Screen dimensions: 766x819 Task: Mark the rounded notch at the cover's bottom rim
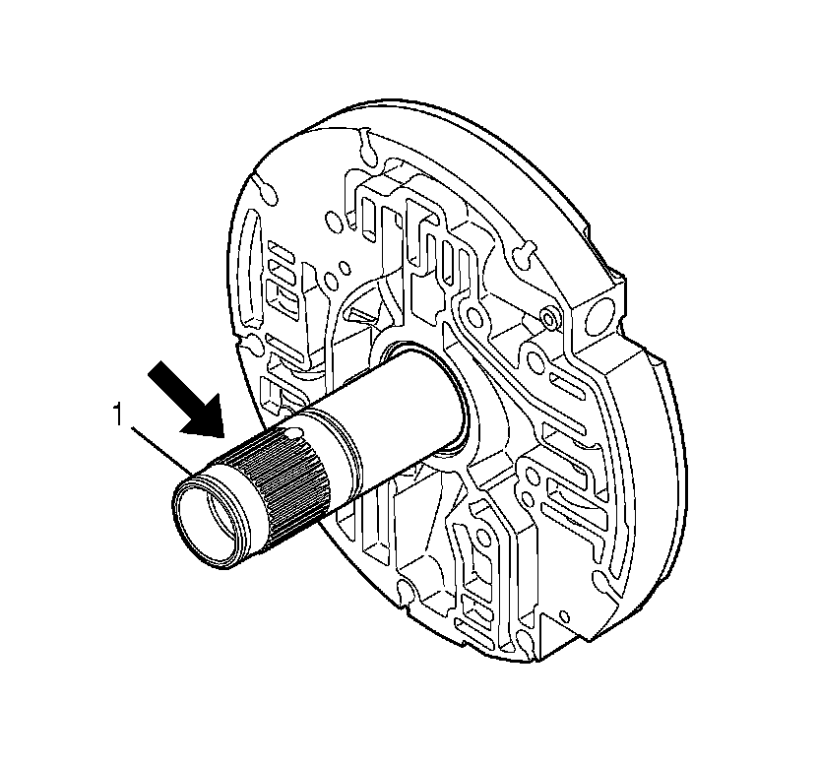[404, 590]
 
